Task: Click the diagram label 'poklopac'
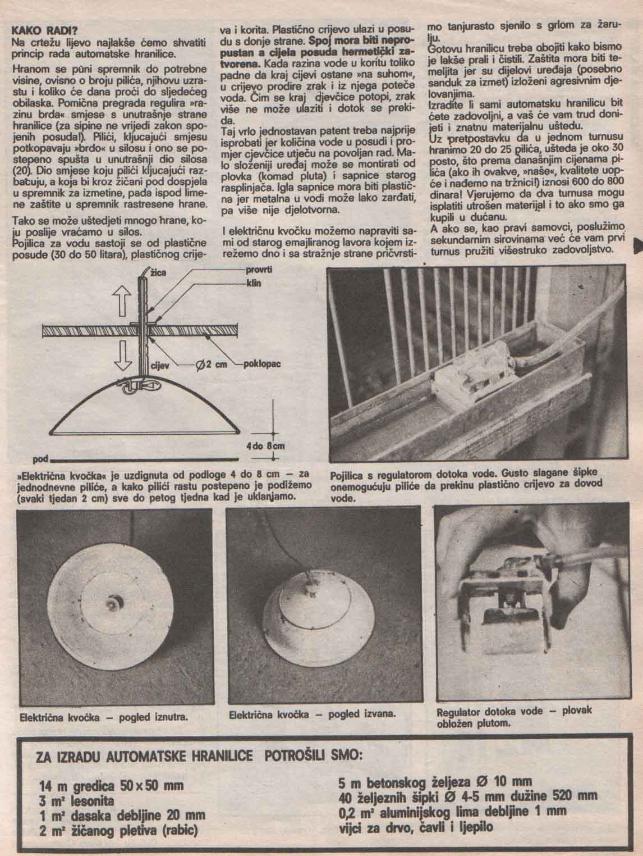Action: coord(261,363)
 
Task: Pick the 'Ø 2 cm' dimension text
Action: coord(210,364)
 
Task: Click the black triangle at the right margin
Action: coord(638,243)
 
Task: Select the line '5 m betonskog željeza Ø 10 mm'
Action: coord(435,782)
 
